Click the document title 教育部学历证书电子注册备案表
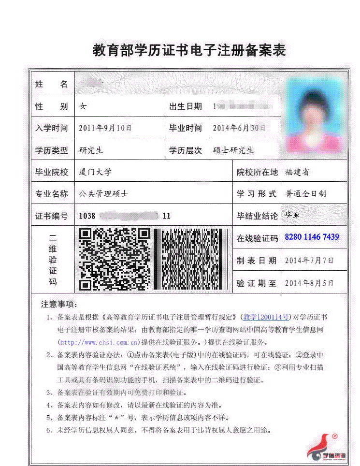click(x=189, y=50)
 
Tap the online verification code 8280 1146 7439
click(x=312, y=237)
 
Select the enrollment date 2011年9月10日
click(x=105, y=128)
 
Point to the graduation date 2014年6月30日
click(x=239, y=128)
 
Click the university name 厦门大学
click(x=95, y=172)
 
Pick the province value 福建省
click(x=297, y=172)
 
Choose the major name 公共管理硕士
click(x=104, y=194)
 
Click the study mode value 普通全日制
click(x=305, y=194)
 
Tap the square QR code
click(x=115, y=259)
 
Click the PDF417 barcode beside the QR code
click(x=193, y=259)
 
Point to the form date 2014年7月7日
click(x=309, y=261)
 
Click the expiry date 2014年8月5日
click(x=309, y=283)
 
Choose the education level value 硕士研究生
click(x=233, y=150)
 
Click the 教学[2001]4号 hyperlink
click(x=266, y=318)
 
